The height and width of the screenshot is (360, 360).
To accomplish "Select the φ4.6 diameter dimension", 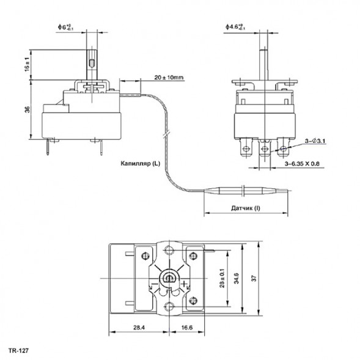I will tap(235, 27).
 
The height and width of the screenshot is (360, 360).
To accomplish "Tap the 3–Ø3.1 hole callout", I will tap(314, 141).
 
